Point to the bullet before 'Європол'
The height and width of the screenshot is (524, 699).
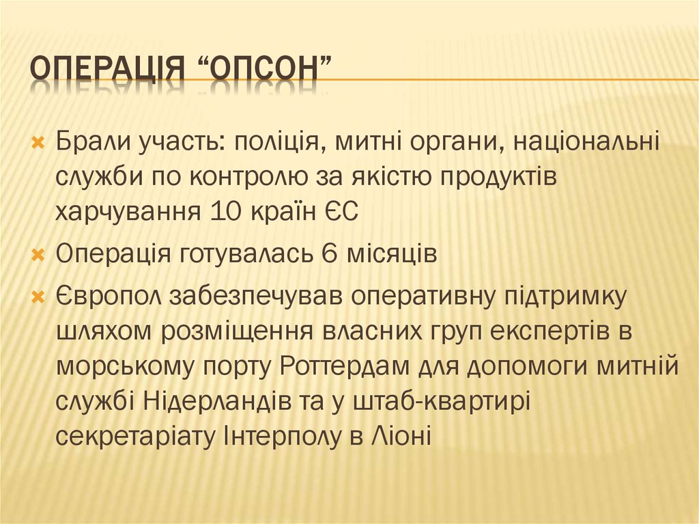[39, 297]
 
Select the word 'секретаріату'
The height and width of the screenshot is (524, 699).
[134, 436]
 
